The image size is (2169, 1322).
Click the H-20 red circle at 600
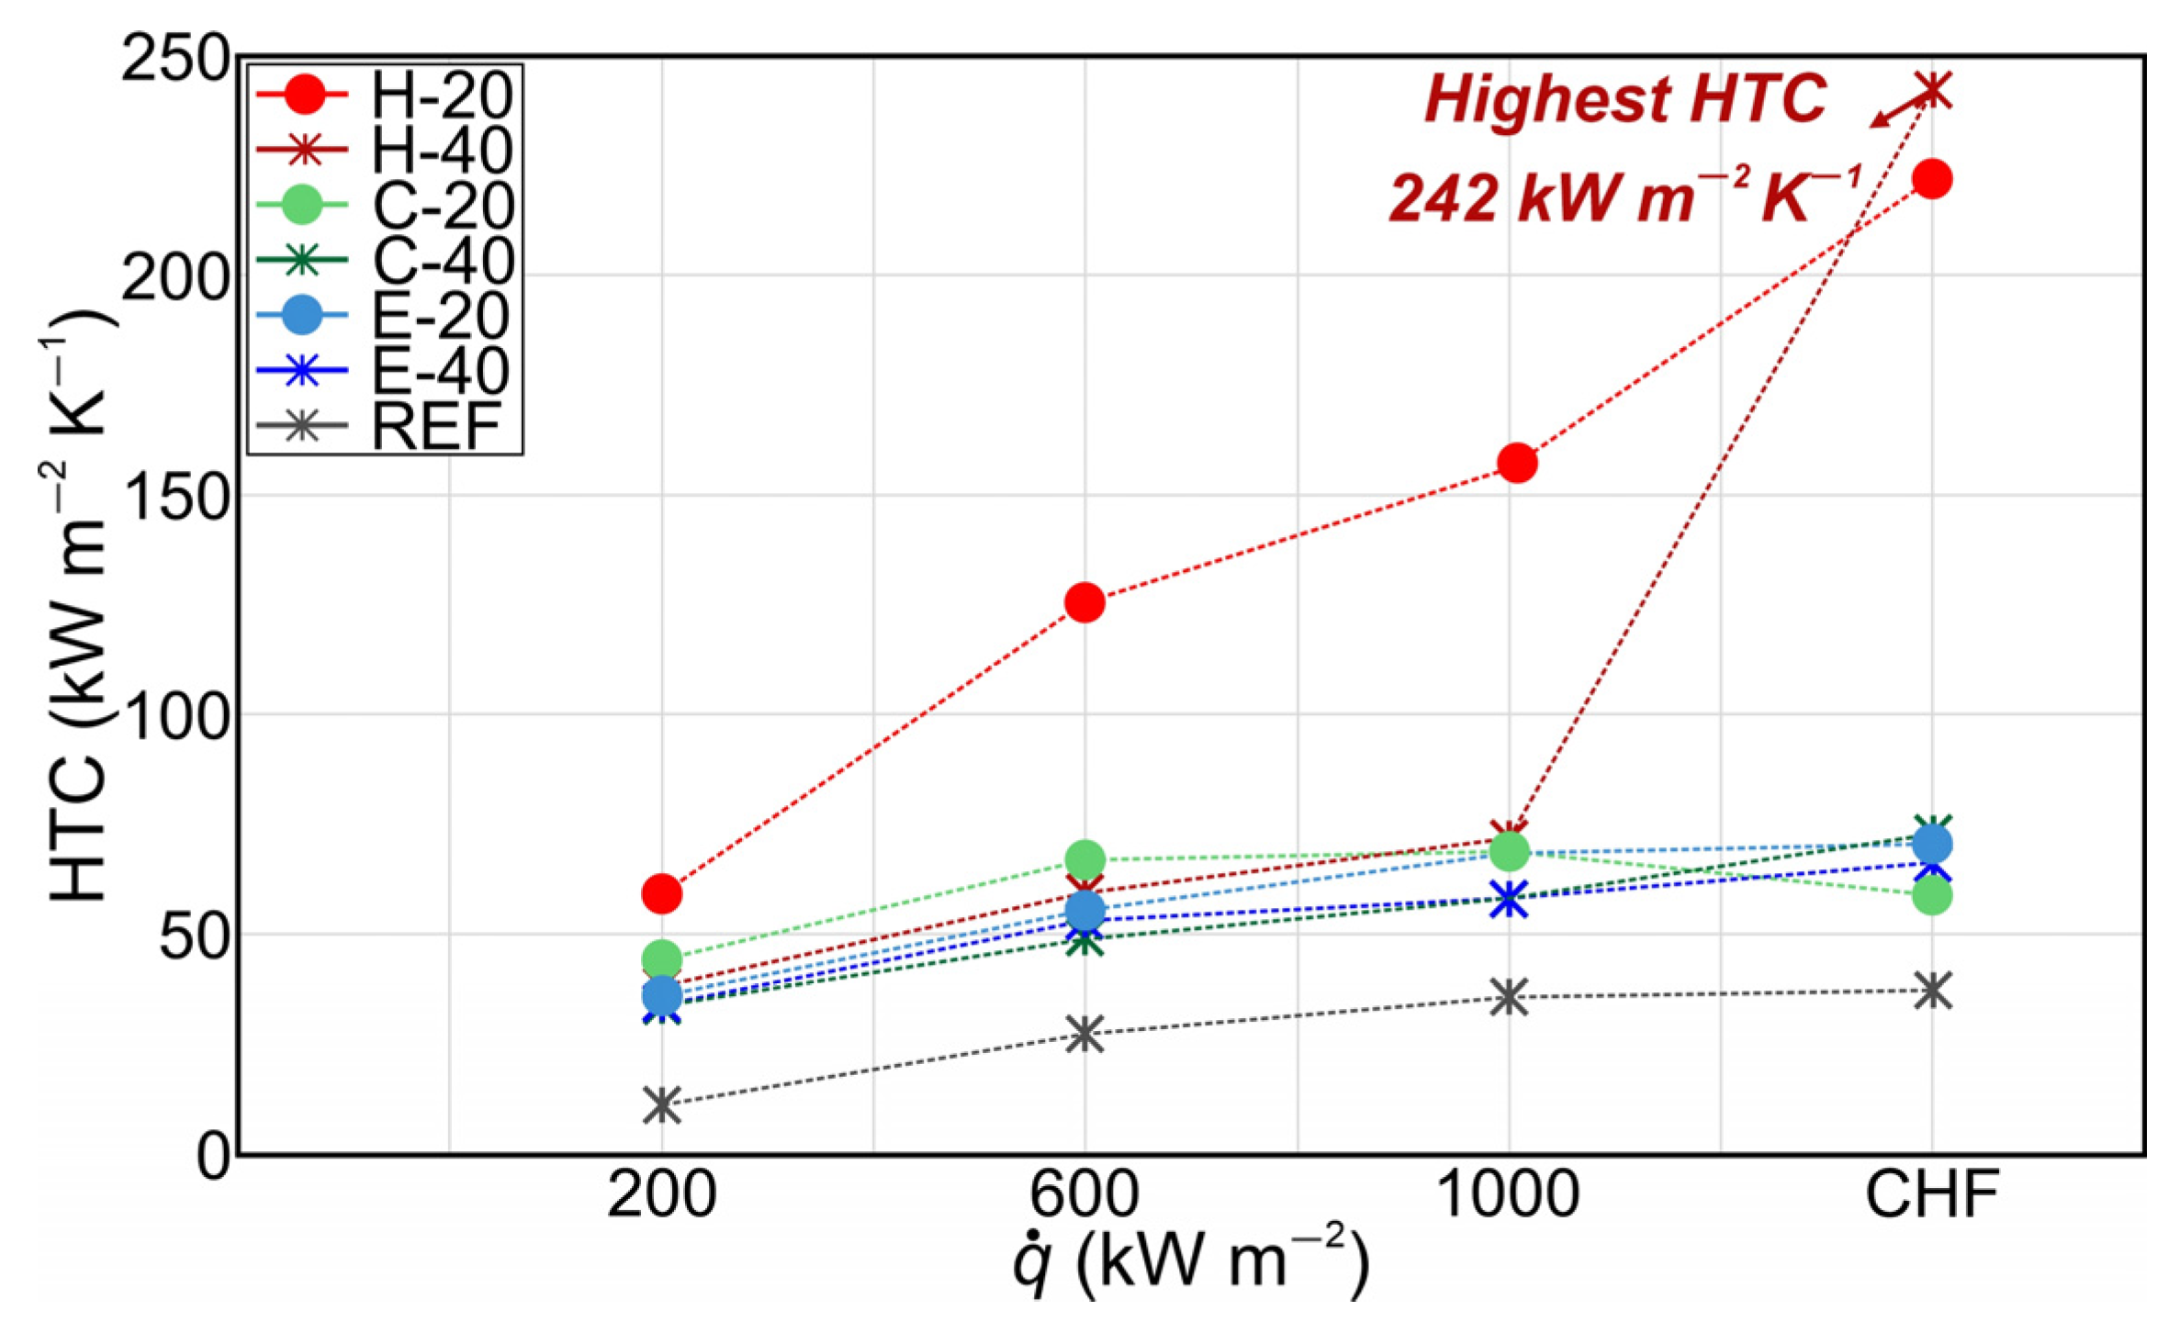pos(1084,602)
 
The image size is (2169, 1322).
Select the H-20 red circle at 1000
pos(1517,463)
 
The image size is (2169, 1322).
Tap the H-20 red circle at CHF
pos(1932,179)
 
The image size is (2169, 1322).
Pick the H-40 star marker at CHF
pos(1933,90)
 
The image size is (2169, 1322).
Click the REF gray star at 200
pos(662,1104)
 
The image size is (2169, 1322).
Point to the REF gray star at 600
pos(1084,1034)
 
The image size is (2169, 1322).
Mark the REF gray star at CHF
pos(1933,991)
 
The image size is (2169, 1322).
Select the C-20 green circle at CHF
pos(1932,895)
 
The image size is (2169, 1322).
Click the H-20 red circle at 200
pos(662,892)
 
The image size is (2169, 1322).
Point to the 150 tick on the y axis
pos(174,496)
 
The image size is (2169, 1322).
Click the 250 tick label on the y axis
pos(174,61)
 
